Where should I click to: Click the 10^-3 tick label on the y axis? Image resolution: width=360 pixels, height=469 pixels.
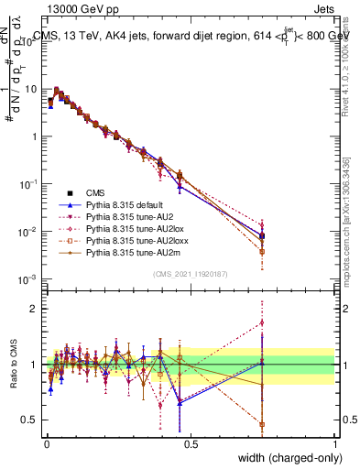(x=29, y=278)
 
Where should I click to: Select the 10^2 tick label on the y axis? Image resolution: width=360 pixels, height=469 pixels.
(x=29, y=42)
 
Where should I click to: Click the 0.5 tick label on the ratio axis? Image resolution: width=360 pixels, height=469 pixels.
(x=30, y=420)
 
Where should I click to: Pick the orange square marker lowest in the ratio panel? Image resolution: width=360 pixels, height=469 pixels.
(x=262, y=425)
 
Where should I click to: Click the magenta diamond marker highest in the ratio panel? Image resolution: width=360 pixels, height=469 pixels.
(x=262, y=322)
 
